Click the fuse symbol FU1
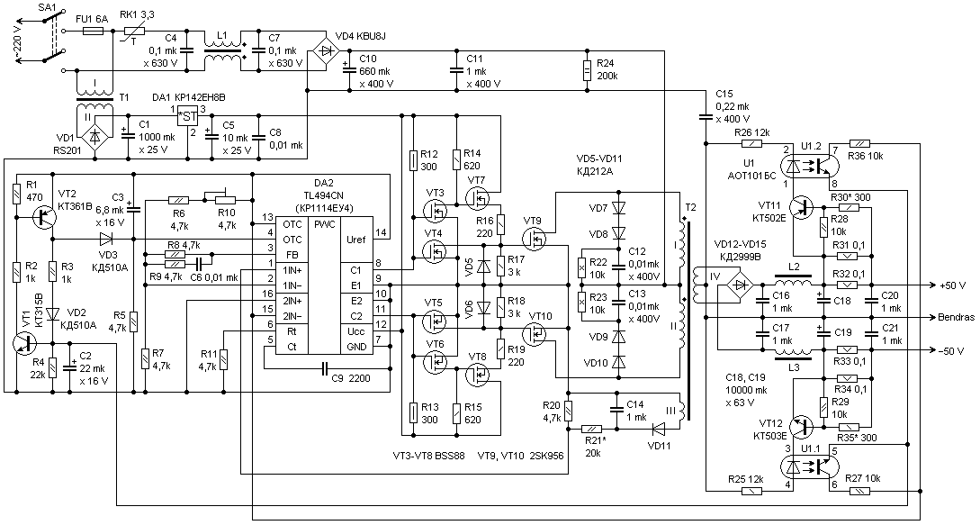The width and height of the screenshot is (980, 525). [93, 31]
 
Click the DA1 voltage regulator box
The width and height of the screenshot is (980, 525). [187, 116]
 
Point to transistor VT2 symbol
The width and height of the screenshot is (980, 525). [44, 217]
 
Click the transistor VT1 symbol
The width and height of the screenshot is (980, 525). [23, 343]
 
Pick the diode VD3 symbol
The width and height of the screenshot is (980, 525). [106, 239]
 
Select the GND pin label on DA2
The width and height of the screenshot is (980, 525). [355, 348]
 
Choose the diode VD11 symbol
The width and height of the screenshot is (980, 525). [657, 430]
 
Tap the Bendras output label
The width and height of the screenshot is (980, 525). [956, 317]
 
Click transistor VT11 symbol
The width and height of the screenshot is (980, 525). [803, 206]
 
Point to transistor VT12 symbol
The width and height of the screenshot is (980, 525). [803, 427]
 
